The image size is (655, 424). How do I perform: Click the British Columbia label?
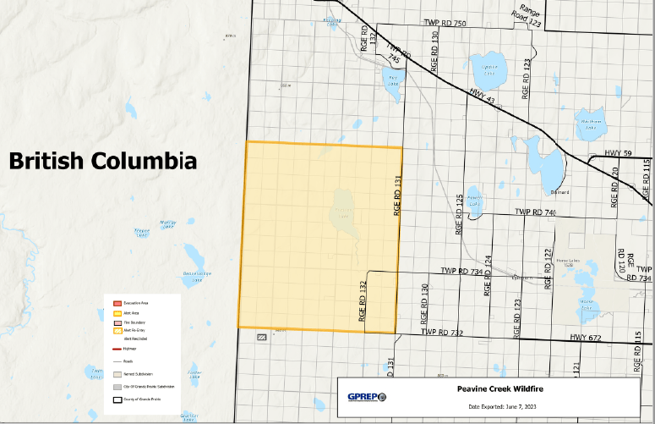click(x=103, y=160)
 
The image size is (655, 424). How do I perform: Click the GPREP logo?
click(x=367, y=396)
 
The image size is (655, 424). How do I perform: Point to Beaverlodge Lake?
click(x=195, y=255)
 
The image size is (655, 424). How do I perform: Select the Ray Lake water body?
click(x=393, y=87)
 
